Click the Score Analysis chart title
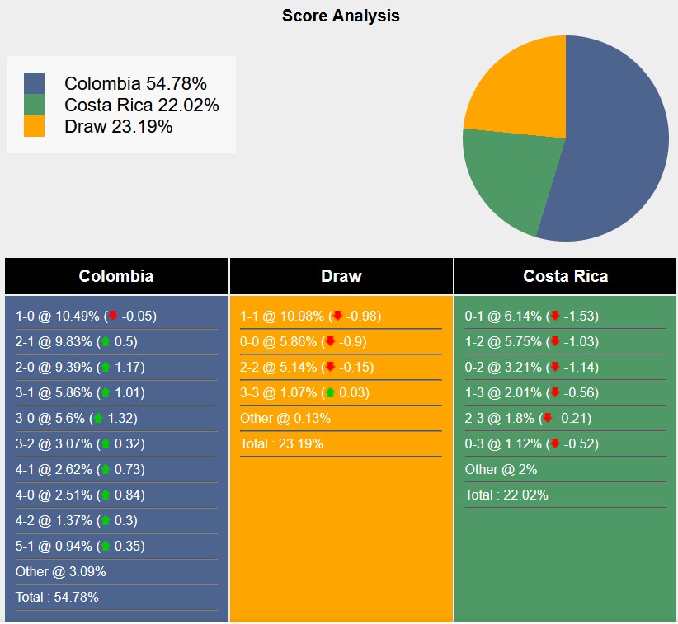tap(341, 16)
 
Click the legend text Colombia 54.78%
tap(135, 83)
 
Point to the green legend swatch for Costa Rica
tap(35, 105)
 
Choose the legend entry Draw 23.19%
tap(118, 126)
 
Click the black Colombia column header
tap(116, 276)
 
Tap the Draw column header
tap(341, 276)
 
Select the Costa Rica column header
tap(566, 276)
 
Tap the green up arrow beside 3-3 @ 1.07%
tap(331, 392)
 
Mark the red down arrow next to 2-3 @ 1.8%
tap(546, 418)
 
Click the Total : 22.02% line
tap(506, 495)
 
